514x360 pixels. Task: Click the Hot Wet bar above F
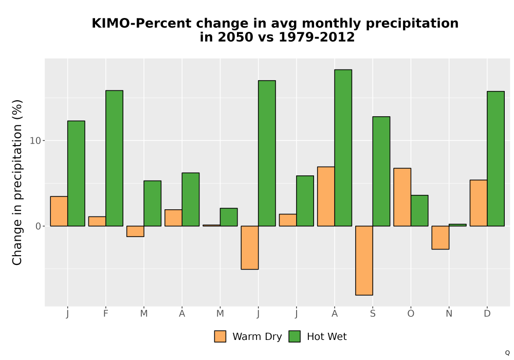pyautogui.click(x=115, y=158)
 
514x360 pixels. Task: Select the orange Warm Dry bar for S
pyautogui.click(x=364, y=261)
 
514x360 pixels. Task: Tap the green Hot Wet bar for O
pyautogui.click(x=419, y=211)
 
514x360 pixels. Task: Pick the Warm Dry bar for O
pyautogui.click(x=402, y=197)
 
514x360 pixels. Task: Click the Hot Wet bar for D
pyautogui.click(x=495, y=159)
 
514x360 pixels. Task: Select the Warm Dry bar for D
pyautogui.click(x=479, y=203)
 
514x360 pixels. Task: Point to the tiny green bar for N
pyautogui.click(x=457, y=225)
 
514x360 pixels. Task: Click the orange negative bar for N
pyautogui.click(x=440, y=238)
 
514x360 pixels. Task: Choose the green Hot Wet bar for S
pyautogui.click(x=381, y=171)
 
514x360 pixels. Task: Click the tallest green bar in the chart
pyautogui.click(x=343, y=148)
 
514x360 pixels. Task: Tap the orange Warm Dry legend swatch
pyautogui.click(x=221, y=336)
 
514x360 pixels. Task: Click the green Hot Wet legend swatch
pyautogui.click(x=295, y=336)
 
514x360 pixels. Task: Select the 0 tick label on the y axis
pyautogui.click(x=39, y=226)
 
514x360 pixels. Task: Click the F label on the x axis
pyautogui.click(x=105, y=314)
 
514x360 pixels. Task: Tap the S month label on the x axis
pyautogui.click(x=373, y=314)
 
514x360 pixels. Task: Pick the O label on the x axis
pyautogui.click(x=411, y=314)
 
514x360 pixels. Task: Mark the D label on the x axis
pyautogui.click(x=487, y=314)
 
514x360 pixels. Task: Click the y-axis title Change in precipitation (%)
pyautogui.click(x=17, y=182)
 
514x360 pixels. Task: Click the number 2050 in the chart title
pyautogui.click(x=235, y=37)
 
